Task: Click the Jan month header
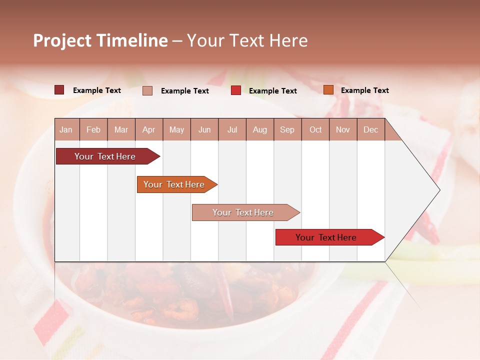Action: point(66,129)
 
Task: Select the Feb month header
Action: point(93,129)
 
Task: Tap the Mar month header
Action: point(121,129)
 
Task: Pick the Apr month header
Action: point(149,129)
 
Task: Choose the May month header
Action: point(176,129)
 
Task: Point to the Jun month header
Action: point(204,129)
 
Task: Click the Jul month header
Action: point(232,129)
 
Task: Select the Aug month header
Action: point(260,129)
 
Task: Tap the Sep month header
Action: point(287,129)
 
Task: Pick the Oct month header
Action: point(315,129)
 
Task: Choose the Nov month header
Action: point(343,129)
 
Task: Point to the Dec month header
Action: point(371,129)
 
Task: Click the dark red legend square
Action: point(59,90)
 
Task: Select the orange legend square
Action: point(328,90)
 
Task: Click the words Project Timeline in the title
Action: point(100,40)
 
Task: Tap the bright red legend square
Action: point(236,90)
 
